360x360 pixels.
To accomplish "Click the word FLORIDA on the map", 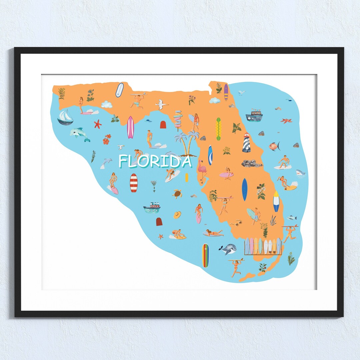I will coord(155,161).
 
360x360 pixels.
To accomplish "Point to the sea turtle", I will coord(177,194).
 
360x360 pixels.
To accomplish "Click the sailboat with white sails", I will coord(65,117).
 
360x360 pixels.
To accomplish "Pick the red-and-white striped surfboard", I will coord(134,183).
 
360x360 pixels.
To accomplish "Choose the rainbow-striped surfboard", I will coord(205,255).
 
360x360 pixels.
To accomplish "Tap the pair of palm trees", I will coord(187,143).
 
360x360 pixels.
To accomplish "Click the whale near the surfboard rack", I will coord(228,248).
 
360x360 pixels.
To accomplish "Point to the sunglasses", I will coord(236,223).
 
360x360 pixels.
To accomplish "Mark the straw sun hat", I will coord(177,215).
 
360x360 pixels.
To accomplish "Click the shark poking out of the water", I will coord(300,173).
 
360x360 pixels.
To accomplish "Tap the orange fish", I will coord(274,146).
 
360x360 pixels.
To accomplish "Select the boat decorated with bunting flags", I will coord(254,115).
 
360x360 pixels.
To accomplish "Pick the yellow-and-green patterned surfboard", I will coord(219,129).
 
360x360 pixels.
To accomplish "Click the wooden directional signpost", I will coord(178,119).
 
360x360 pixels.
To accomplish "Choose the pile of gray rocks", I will coord(252,163).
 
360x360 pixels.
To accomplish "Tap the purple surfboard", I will coord(226,92).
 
